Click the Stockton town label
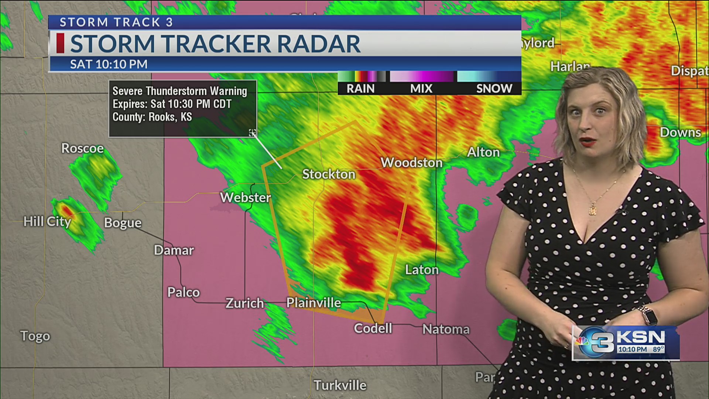pyautogui.click(x=329, y=174)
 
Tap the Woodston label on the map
pyautogui.click(x=411, y=163)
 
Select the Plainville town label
pyautogui.click(x=314, y=303)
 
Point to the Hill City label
pyautogui.click(x=47, y=221)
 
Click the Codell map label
pyautogui.click(x=373, y=328)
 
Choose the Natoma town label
pyautogui.click(x=446, y=329)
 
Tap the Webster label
pyautogui.click(x=246, y=197)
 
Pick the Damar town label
pyautogui.click(x=174, y=250)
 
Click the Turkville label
pyautogui.click(x=340, y=385)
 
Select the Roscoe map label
pyautogui.click(x=82, y=148)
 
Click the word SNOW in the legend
pyautogui.click(x=494, y=89)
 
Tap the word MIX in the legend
pyautogui.click(x=421, y=89)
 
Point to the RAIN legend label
pyautogui.click(x=360, y=89)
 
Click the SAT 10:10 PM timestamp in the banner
pyautogui.click(x=109, y=64)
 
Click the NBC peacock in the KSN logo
pyautogui.click(x=582, y=341)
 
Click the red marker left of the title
pyautogui.click(x=60, y=43)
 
